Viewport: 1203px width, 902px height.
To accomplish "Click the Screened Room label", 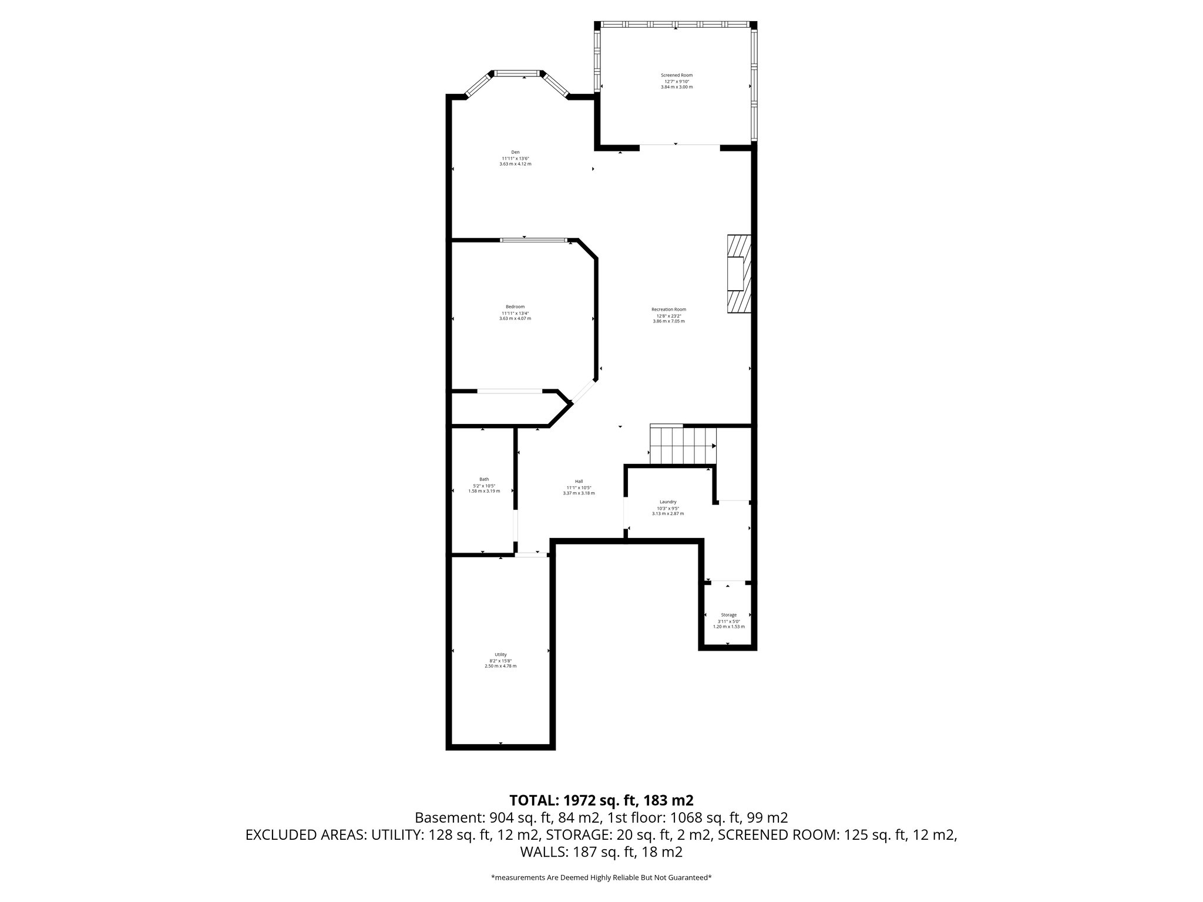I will point(677,75).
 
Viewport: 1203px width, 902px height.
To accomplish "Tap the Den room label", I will point(515,152).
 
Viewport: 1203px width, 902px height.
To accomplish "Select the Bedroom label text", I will point(515,307).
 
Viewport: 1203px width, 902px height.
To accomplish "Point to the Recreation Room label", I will point(668,309).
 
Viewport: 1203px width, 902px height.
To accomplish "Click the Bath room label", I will point(484,479).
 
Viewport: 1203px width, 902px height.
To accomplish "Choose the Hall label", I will point(579,481).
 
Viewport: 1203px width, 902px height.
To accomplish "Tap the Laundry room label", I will point(668,502).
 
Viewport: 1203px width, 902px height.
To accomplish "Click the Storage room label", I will point(728,615).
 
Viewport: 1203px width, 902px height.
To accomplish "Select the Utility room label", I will point(500,655).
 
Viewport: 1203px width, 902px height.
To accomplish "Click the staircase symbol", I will point(683,445).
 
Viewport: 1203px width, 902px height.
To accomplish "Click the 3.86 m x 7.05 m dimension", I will point(668,321).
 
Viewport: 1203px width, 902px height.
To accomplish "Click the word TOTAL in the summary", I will point(533,800).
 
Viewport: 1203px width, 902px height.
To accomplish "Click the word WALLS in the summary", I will point(543,852).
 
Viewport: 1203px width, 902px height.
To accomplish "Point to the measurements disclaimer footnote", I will point(601,878).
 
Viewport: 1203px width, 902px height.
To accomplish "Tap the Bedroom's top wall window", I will point(533,240).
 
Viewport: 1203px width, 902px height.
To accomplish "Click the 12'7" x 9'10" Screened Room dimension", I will point(677,81).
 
